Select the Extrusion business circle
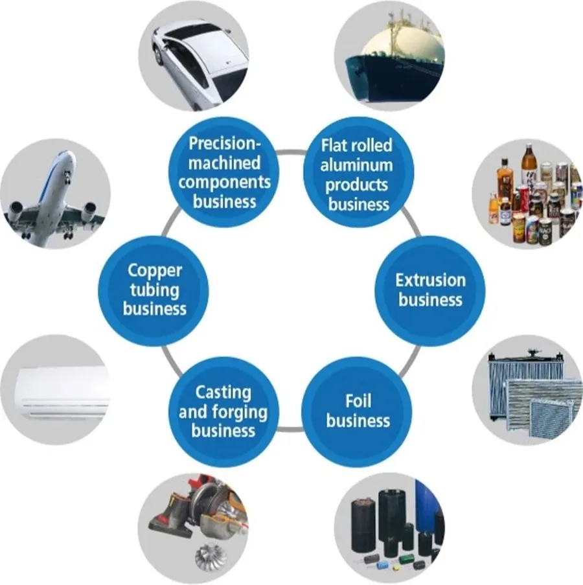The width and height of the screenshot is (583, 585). [431, 290]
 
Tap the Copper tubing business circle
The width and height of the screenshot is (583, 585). [154, 290]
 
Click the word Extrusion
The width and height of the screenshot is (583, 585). [431, 281]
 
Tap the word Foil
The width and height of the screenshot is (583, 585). [358, 402]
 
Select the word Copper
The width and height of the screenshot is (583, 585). [155, 271]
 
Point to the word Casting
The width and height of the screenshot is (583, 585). [223, 393]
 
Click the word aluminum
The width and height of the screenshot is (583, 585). [357, 165]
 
